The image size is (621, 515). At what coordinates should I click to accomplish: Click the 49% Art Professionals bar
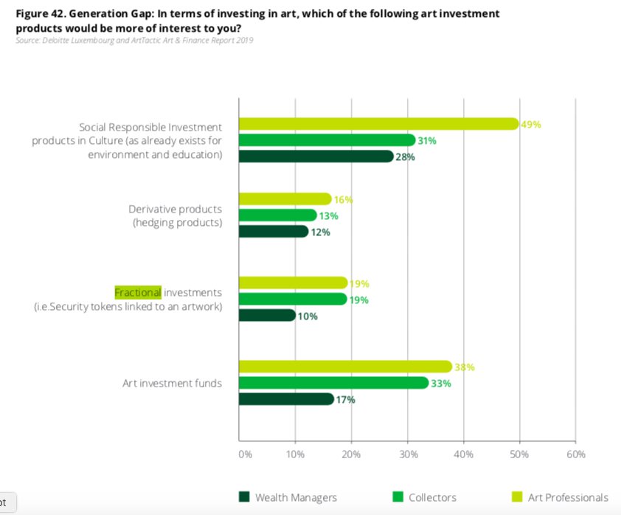(x=379, y=124)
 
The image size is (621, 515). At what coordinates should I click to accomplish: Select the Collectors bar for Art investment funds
(x=333, y=383)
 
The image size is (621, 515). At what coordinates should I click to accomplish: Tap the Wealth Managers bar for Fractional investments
(x=267, y=316)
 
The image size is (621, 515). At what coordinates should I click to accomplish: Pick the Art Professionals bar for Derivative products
(x=285, y=199)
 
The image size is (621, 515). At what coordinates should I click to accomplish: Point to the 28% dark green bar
(x=316, y=156)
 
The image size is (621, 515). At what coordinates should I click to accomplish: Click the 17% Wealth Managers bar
(x=286, y=399)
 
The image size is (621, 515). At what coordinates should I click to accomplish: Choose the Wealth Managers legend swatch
(x=244, y=497)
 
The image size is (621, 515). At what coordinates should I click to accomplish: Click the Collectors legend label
(x=432, y=497)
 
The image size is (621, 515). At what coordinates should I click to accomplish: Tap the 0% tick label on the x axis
(x=245, y=454)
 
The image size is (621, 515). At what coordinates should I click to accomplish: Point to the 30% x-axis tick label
(x=409, y=454)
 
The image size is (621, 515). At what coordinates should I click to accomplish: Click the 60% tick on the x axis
(x=575, y=454)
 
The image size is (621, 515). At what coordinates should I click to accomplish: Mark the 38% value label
(x=465, y=367)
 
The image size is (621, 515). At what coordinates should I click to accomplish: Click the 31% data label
(x=427, y=141)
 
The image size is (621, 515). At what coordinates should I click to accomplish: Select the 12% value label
(x=320, y=232)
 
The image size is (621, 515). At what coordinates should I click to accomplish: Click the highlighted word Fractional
(x=137, y=292)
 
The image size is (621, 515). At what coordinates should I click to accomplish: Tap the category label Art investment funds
(x=172, y=383)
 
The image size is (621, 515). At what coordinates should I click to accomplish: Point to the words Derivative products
(x=175, y=209)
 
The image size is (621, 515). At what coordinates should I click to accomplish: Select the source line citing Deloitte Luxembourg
(x=134, y=40)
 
